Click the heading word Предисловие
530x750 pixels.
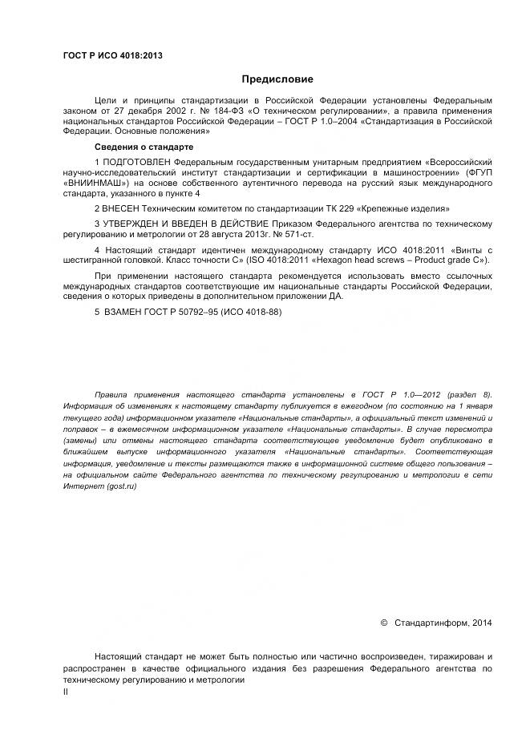(x=277, y=79)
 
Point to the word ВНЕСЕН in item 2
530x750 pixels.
(x=123, y=208)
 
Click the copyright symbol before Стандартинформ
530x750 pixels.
(x=384, y=623)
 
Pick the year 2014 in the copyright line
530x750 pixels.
(x=483, y=623)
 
